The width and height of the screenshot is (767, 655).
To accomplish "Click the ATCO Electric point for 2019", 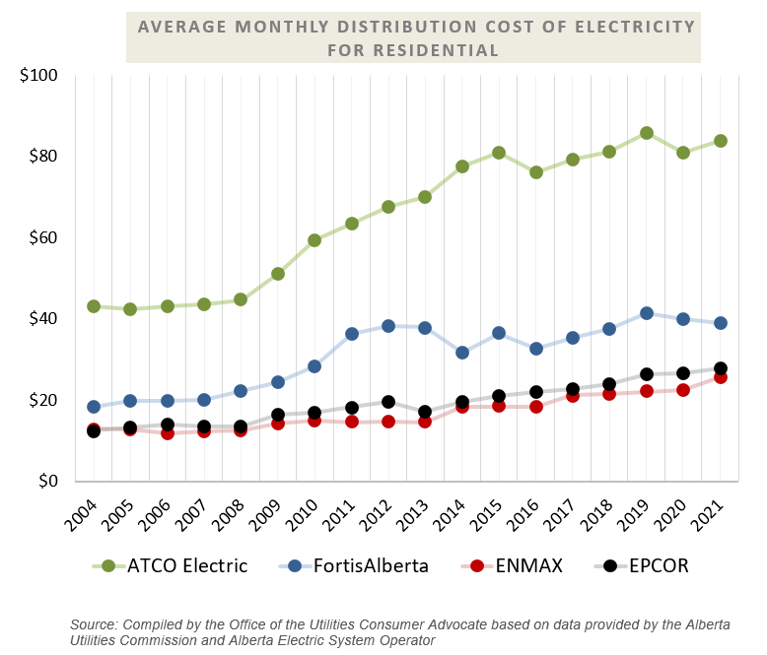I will (647, 133).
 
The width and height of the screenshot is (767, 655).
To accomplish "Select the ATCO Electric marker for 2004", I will (94, 306).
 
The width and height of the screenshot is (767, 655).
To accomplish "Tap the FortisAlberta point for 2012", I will (388, 326).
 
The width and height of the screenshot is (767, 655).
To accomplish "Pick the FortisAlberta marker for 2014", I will (462, 353).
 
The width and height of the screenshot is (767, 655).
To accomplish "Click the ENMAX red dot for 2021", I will (721, 377).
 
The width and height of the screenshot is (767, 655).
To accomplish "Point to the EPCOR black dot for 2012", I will (388, 402).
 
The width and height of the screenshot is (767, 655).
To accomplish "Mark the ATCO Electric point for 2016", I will (536, 172).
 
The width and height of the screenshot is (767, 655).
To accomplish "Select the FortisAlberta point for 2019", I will (647, 313).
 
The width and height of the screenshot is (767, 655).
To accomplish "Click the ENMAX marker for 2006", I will (168, 433).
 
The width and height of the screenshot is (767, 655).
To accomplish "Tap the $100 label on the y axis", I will (39, 76).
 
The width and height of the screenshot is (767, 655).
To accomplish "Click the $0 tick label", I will (47, 482).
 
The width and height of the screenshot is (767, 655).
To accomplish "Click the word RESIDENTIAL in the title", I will (413, 49).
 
